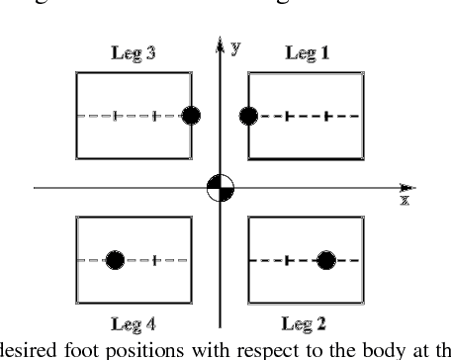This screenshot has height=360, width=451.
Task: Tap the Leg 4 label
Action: pyautogui.click(x=133, y=322)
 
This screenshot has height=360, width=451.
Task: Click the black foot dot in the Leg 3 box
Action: pyautogui.click(x=194, y=116)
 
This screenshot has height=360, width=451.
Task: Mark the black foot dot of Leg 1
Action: pyautogui.click(x=249, y=116)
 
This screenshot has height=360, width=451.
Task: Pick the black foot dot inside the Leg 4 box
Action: pyautogui.click(x=116, y=260)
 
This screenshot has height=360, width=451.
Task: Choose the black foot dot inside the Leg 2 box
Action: pyautogui.click(x=326, y=260)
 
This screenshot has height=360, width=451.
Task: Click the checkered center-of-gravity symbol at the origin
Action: pyautogui.click(x=220, y=188)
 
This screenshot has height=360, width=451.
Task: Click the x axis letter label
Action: pyautogui.click(x=405, y=200)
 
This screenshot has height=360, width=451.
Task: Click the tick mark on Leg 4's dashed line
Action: pyautogui.click(x=156, y=260)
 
